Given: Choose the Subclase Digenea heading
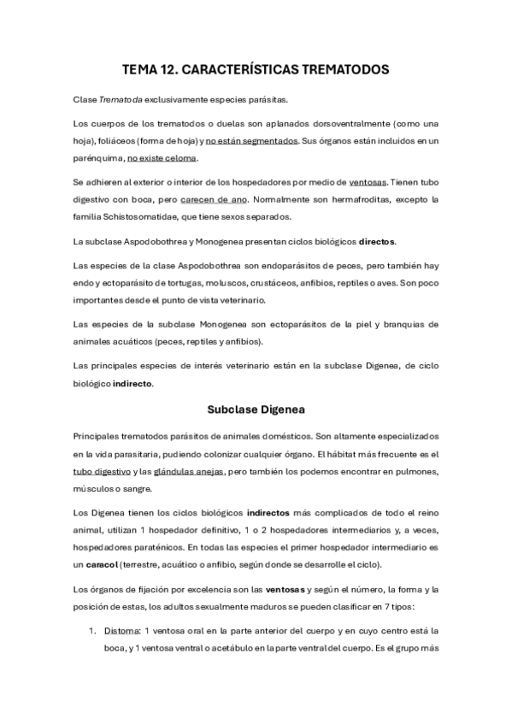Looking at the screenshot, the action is tap(256, 408).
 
